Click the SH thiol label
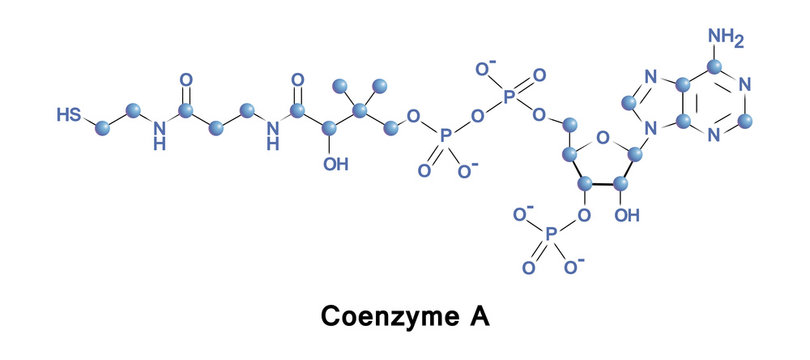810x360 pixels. coord(69,116)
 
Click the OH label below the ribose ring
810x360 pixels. coord(627,214)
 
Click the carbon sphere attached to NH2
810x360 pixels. coord(716,66)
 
